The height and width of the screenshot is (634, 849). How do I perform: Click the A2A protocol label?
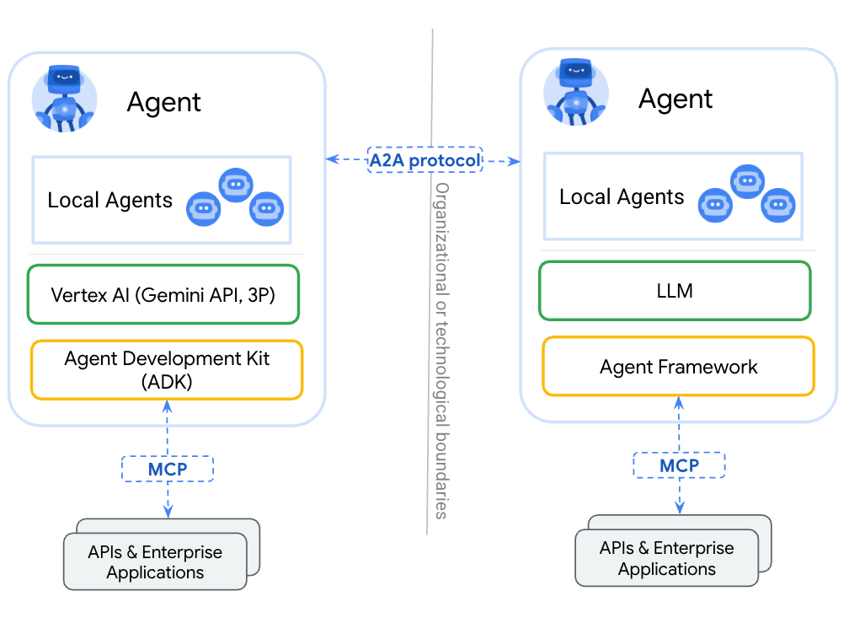[425, 159]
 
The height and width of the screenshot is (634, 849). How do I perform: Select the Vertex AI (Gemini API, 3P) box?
[163, 295]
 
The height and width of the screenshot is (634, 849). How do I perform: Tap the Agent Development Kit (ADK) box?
[167, 369]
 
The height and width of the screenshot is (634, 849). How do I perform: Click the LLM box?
[674, 291]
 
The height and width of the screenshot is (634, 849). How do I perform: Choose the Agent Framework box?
[678, 367]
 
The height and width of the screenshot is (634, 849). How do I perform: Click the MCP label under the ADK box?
[168, 469]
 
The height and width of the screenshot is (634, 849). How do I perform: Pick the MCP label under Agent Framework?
[679, 465]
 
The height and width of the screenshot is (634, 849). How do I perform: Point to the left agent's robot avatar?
[64, 99]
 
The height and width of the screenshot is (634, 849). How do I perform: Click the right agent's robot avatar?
[576, 94]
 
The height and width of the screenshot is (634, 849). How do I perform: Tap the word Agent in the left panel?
[164, 102]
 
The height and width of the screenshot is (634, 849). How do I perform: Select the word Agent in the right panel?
[675, 99]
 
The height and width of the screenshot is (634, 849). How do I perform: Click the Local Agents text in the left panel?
[109, 201]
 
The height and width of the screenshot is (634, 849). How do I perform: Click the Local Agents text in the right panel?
[622, 197]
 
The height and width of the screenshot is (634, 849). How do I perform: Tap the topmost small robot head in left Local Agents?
[236, 185]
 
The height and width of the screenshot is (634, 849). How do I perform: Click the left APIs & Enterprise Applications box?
[155, 562]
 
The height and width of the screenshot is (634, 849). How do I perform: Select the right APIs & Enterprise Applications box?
[666, 559]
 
